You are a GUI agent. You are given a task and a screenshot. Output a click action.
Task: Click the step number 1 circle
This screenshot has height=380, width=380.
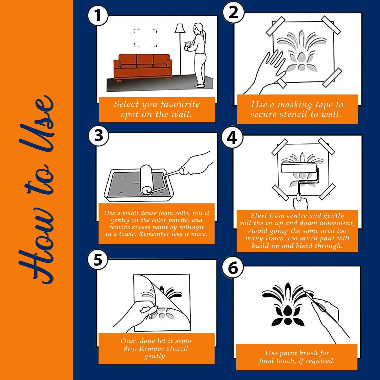pos(98,15)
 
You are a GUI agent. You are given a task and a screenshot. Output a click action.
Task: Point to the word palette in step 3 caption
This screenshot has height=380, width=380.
pos(181,220)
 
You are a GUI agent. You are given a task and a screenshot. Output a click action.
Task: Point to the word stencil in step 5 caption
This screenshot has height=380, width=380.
pos(176,349)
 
